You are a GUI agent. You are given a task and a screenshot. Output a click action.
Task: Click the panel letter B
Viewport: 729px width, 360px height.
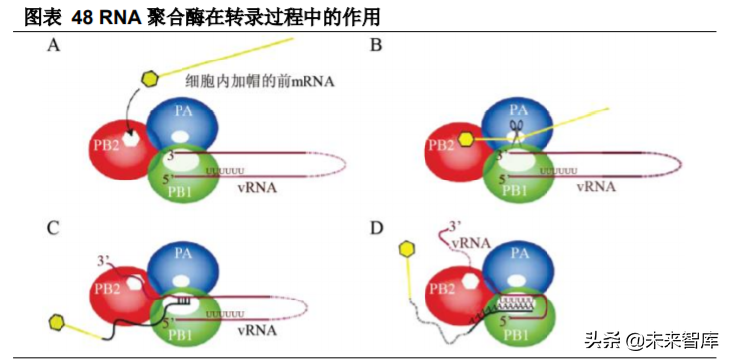click(x=375, y=45)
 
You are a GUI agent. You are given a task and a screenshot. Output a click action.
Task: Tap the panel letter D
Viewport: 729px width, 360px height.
click(x=375, y=228)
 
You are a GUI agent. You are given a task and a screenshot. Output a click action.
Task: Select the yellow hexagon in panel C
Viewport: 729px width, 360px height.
click(x=58, y=322)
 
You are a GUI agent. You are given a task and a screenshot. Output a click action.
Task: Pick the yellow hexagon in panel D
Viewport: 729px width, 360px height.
click(x=405, y=250)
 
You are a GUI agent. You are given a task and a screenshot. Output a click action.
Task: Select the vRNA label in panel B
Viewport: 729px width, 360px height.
click(x=595, y=184)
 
